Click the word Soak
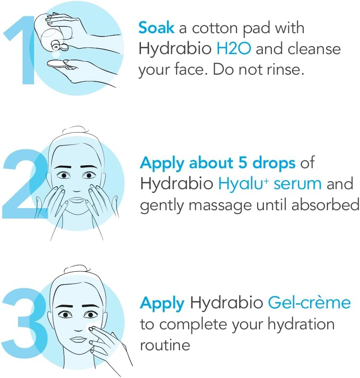(156, 28)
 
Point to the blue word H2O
(233, 49)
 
